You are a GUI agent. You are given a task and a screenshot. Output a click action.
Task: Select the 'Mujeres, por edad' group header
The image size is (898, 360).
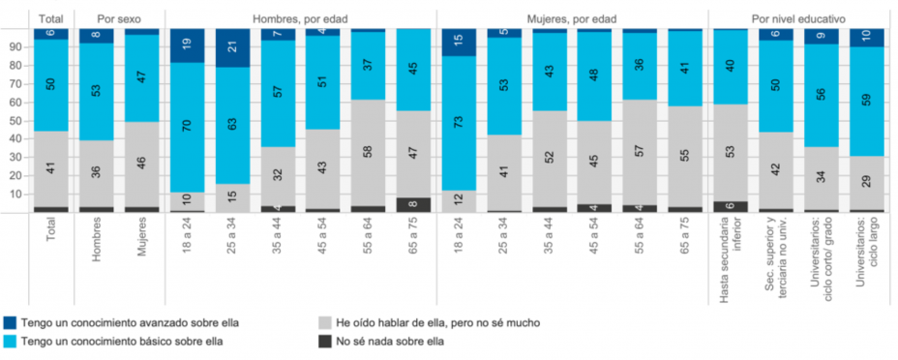coord(571,18)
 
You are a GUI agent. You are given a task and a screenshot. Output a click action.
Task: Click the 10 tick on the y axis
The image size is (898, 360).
coord(15,194)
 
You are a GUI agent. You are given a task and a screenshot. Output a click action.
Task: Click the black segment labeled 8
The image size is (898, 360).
coord(413,204)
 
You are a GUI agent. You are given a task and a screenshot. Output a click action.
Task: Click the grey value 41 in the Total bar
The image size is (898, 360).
coord(50,168)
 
